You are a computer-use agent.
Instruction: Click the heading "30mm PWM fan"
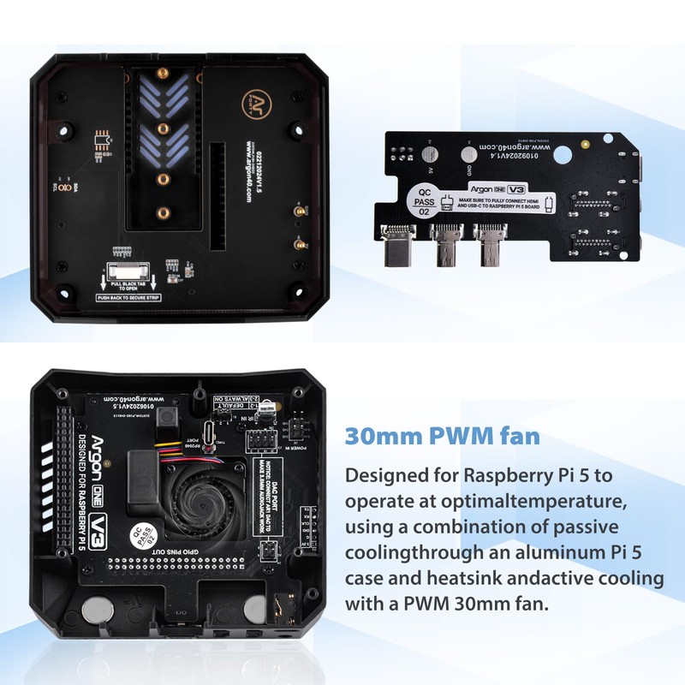coord(442,436)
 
